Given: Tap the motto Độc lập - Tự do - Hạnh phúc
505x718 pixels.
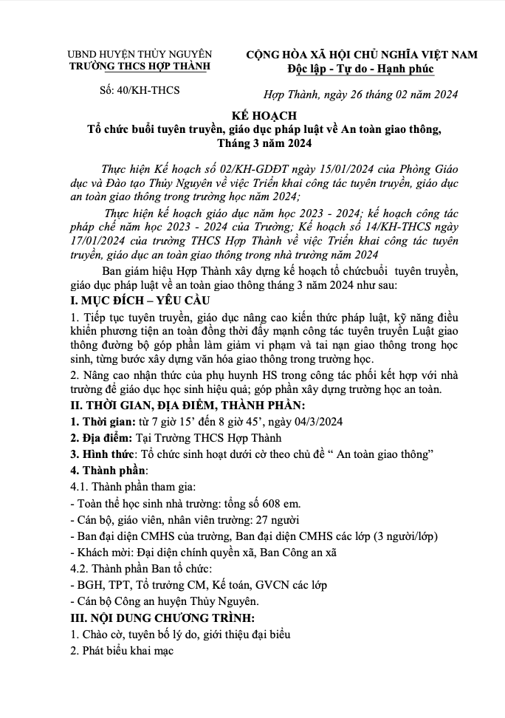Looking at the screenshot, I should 361,69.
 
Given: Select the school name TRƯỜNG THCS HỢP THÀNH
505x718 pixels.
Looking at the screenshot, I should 139,66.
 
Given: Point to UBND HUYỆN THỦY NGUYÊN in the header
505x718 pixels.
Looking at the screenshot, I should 140,55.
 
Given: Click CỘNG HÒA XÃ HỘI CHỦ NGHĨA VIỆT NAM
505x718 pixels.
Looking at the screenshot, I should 361,55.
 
